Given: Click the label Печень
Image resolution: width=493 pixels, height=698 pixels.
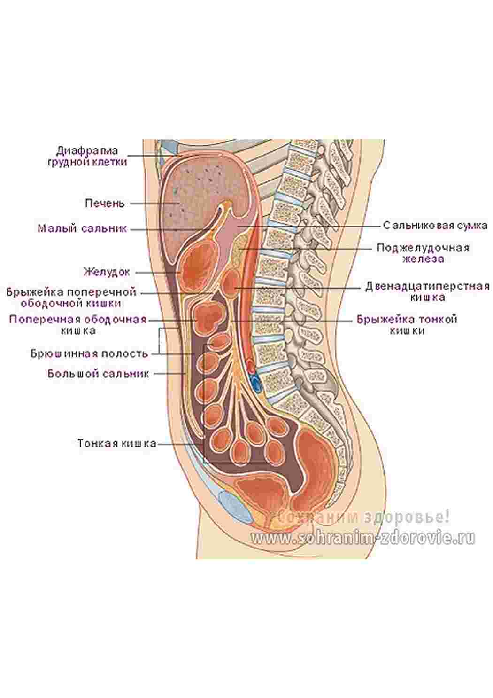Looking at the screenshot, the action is click(105, 204).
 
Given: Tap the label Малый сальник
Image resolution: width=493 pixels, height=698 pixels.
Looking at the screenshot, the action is click(83, 228).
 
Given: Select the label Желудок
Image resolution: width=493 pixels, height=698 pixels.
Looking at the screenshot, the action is click(107, 272).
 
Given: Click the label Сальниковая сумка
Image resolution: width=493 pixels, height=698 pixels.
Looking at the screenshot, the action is click(435, 225).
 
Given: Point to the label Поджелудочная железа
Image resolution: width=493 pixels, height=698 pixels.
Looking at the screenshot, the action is click(423, 253).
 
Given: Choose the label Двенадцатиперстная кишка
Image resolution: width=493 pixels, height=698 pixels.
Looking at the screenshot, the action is click(427, 292).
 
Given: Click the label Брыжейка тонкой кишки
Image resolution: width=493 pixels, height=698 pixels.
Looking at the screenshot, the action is click(407, 325).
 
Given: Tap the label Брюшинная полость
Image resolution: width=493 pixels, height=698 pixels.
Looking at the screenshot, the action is click(89, 353).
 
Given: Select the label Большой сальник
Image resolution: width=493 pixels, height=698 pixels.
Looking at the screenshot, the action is click(98, 374).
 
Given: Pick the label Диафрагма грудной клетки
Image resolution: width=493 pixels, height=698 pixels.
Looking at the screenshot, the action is click(87, 157).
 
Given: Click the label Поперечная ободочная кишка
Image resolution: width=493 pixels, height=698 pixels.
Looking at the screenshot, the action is click(78, 325).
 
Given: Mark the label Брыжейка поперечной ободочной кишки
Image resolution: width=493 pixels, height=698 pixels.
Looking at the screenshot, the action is click(71, 298).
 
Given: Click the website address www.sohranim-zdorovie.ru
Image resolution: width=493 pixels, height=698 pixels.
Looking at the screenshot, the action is click(363, 538).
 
